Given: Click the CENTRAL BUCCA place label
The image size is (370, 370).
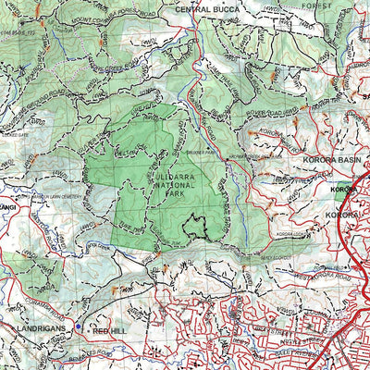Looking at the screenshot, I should tap(209, 9).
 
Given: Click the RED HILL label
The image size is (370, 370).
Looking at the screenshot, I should tap(108, 329).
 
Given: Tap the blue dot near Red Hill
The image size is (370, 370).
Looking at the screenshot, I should tap(80, 327).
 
